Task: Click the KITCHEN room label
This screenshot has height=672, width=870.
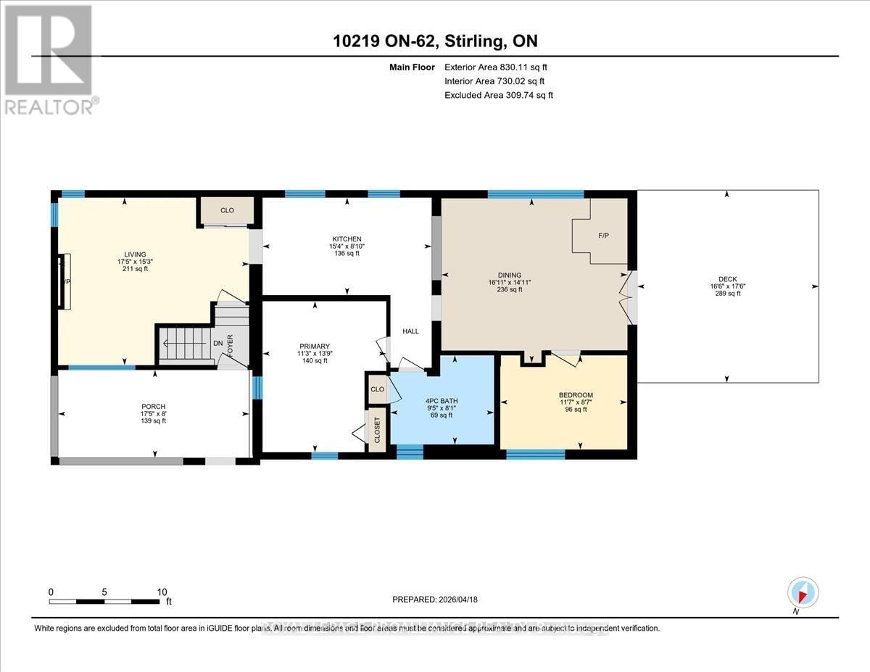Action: click(x=347, y=238)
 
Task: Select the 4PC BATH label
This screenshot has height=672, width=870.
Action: click(x=442, y=401)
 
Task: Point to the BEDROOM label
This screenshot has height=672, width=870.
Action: click(x=576, y=395)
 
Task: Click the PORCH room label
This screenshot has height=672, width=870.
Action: click(x=154, y=406)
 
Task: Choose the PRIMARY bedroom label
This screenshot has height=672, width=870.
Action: click(x=315, y=346)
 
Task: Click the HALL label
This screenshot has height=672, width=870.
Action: click(x=411, y=331)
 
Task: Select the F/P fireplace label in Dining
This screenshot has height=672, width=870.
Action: click(x=602, y=236)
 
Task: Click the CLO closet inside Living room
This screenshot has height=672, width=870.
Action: click(x=227, y=210)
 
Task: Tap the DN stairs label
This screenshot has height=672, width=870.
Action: click(x=217, y=344)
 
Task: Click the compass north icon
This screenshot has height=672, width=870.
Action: click(x=802, y=592)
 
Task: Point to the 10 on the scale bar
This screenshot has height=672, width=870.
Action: click(x=162, y=592)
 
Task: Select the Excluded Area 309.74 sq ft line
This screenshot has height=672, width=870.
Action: click(x=499, y=95)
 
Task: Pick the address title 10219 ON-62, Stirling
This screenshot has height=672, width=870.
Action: click(x=434, y=41)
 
